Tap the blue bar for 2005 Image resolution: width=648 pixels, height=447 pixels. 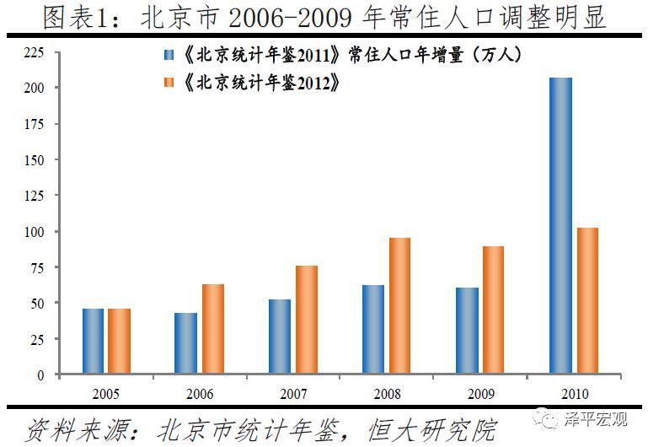pyautogui.click(x=93, y=342)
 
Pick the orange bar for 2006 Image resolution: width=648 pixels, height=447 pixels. pyautogui.click(x=213, y=329)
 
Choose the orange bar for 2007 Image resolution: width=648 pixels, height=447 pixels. pyautogui.click(x=307, y=320)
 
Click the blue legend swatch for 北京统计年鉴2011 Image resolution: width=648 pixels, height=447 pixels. pyautogui.click(x=169, y=56)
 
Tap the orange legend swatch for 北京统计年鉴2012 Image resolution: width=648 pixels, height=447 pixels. pyautogui.click(x=169, y=83)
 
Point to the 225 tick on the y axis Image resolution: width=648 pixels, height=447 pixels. pyautogui.click(x=33, y=52)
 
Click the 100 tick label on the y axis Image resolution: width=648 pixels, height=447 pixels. pyautogui.click(x=33, y=231)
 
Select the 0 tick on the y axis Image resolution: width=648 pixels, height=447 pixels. pyautogui.click(x=40, y=374)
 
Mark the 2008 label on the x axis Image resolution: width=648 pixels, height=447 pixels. pyautogui.click(x=387, y=394)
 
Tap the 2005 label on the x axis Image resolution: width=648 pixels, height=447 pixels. pyautogui.click(x=106, y=394)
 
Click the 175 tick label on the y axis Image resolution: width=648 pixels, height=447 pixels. pyautogui.click(x=33, y=124)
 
